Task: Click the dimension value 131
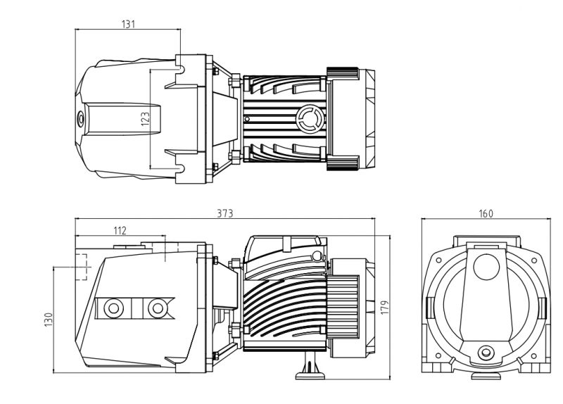(128, 24)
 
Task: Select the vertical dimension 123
(146, 119)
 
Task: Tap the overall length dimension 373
(225, 213)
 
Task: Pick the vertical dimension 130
(49, 320)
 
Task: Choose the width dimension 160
(486, 213)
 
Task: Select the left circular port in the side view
(113, 308)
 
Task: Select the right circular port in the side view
(156, 308)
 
